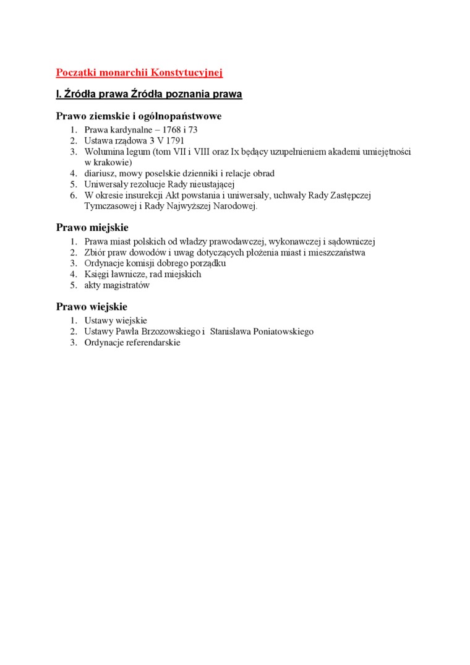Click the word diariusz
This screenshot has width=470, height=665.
[x=101, y=173]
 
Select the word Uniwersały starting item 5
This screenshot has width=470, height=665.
[x=106, y=184]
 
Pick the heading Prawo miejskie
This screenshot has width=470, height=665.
[x=92, y=228]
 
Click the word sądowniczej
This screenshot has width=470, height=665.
[x=352, y=241]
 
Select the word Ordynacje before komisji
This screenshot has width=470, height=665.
[x=105, y=263]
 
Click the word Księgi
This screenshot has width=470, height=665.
[x=98, y=274]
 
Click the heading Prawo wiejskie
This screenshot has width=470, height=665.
[x=92, y=307]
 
